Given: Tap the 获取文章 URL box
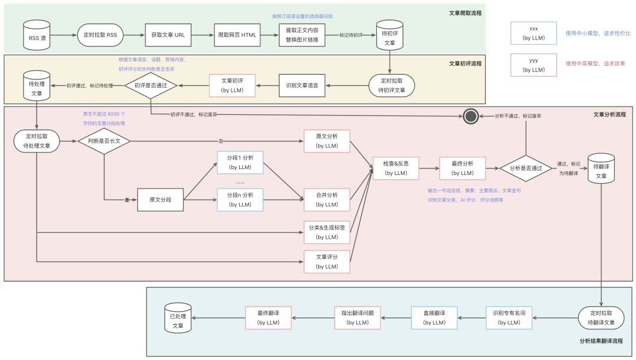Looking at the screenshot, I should tap(168, 35).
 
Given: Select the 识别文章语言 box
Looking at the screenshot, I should tap(302, 85).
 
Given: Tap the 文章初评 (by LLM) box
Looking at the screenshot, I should tap(232, 85).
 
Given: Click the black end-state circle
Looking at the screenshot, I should tap(470, 116).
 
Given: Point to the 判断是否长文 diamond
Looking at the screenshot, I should tap(104, 141).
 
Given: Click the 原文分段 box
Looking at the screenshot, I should tap(160, 200).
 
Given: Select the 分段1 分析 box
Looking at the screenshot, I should tap(240, 162).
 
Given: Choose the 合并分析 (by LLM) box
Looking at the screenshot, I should tap(327, 200).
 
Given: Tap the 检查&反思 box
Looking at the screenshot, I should tap(396, 169).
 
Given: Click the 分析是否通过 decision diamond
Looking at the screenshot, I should tap(526, 169).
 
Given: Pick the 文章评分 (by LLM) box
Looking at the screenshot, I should tap(327, 262).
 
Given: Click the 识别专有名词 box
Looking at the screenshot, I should tap(509, 318).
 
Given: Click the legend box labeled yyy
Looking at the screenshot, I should tap(534, 64).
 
